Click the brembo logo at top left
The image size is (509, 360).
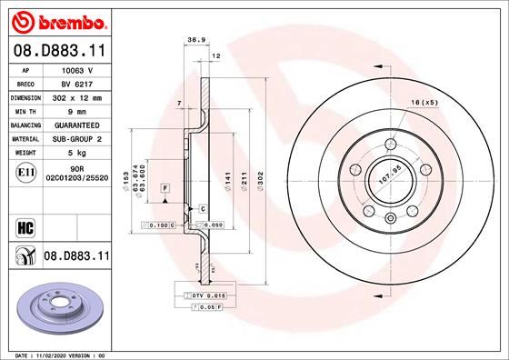coord(56,21)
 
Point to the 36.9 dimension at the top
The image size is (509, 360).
coord(193,40)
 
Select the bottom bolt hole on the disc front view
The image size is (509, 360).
coord(390,217)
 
